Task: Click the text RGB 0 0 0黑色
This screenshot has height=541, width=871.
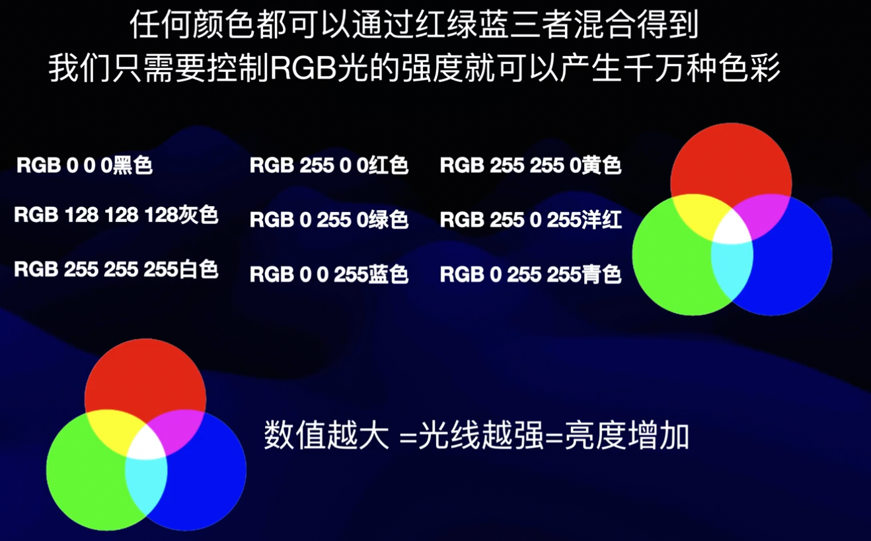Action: tap(85, 165)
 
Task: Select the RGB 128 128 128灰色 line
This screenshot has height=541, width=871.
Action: tap(116, 215)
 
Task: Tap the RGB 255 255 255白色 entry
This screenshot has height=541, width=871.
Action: tap(116, 269)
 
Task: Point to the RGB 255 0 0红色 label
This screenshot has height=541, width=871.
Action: tap(329, 165)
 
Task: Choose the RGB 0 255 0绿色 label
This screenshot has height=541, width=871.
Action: tap(329, 219)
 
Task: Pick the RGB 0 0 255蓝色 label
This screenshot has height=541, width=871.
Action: tap(329, 274)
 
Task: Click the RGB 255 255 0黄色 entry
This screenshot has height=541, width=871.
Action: tap(531, 165)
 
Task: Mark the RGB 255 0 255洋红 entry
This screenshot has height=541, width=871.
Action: tap(531, 219)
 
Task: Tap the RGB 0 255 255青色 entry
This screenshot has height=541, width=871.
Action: tap(531, 274)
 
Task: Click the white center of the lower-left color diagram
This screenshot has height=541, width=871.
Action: tap(146, 444)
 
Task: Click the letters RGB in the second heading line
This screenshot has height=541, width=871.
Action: tap(303, 69)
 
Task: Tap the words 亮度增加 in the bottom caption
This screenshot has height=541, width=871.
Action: tap(626, 436)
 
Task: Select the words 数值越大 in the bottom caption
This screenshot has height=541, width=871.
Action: tap(326, 436)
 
